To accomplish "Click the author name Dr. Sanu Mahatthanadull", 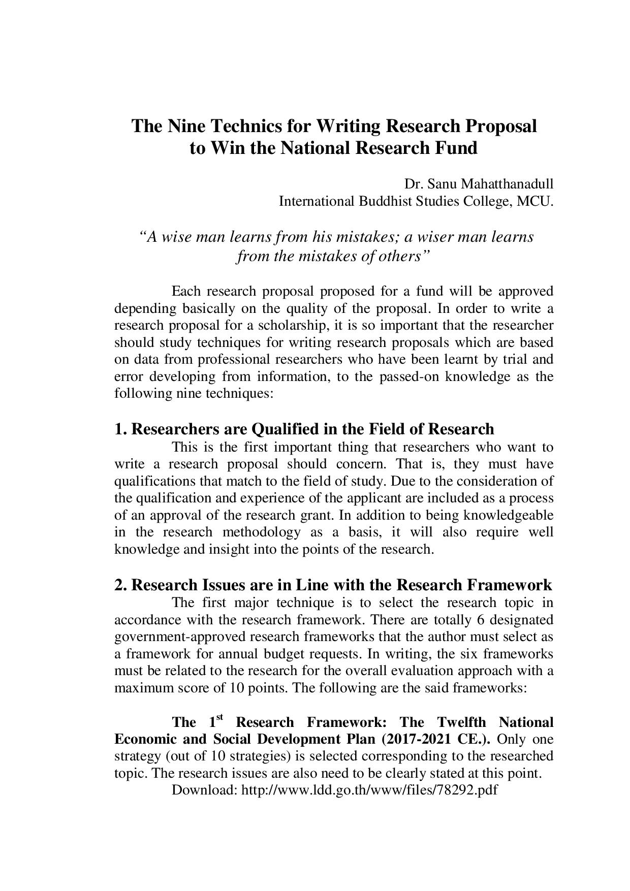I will (x=479, y=183).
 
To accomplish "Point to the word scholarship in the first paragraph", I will (x=295, y=325).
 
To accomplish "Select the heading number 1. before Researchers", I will (x=120, y=429).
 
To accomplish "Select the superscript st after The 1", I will (x=219, y=717).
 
